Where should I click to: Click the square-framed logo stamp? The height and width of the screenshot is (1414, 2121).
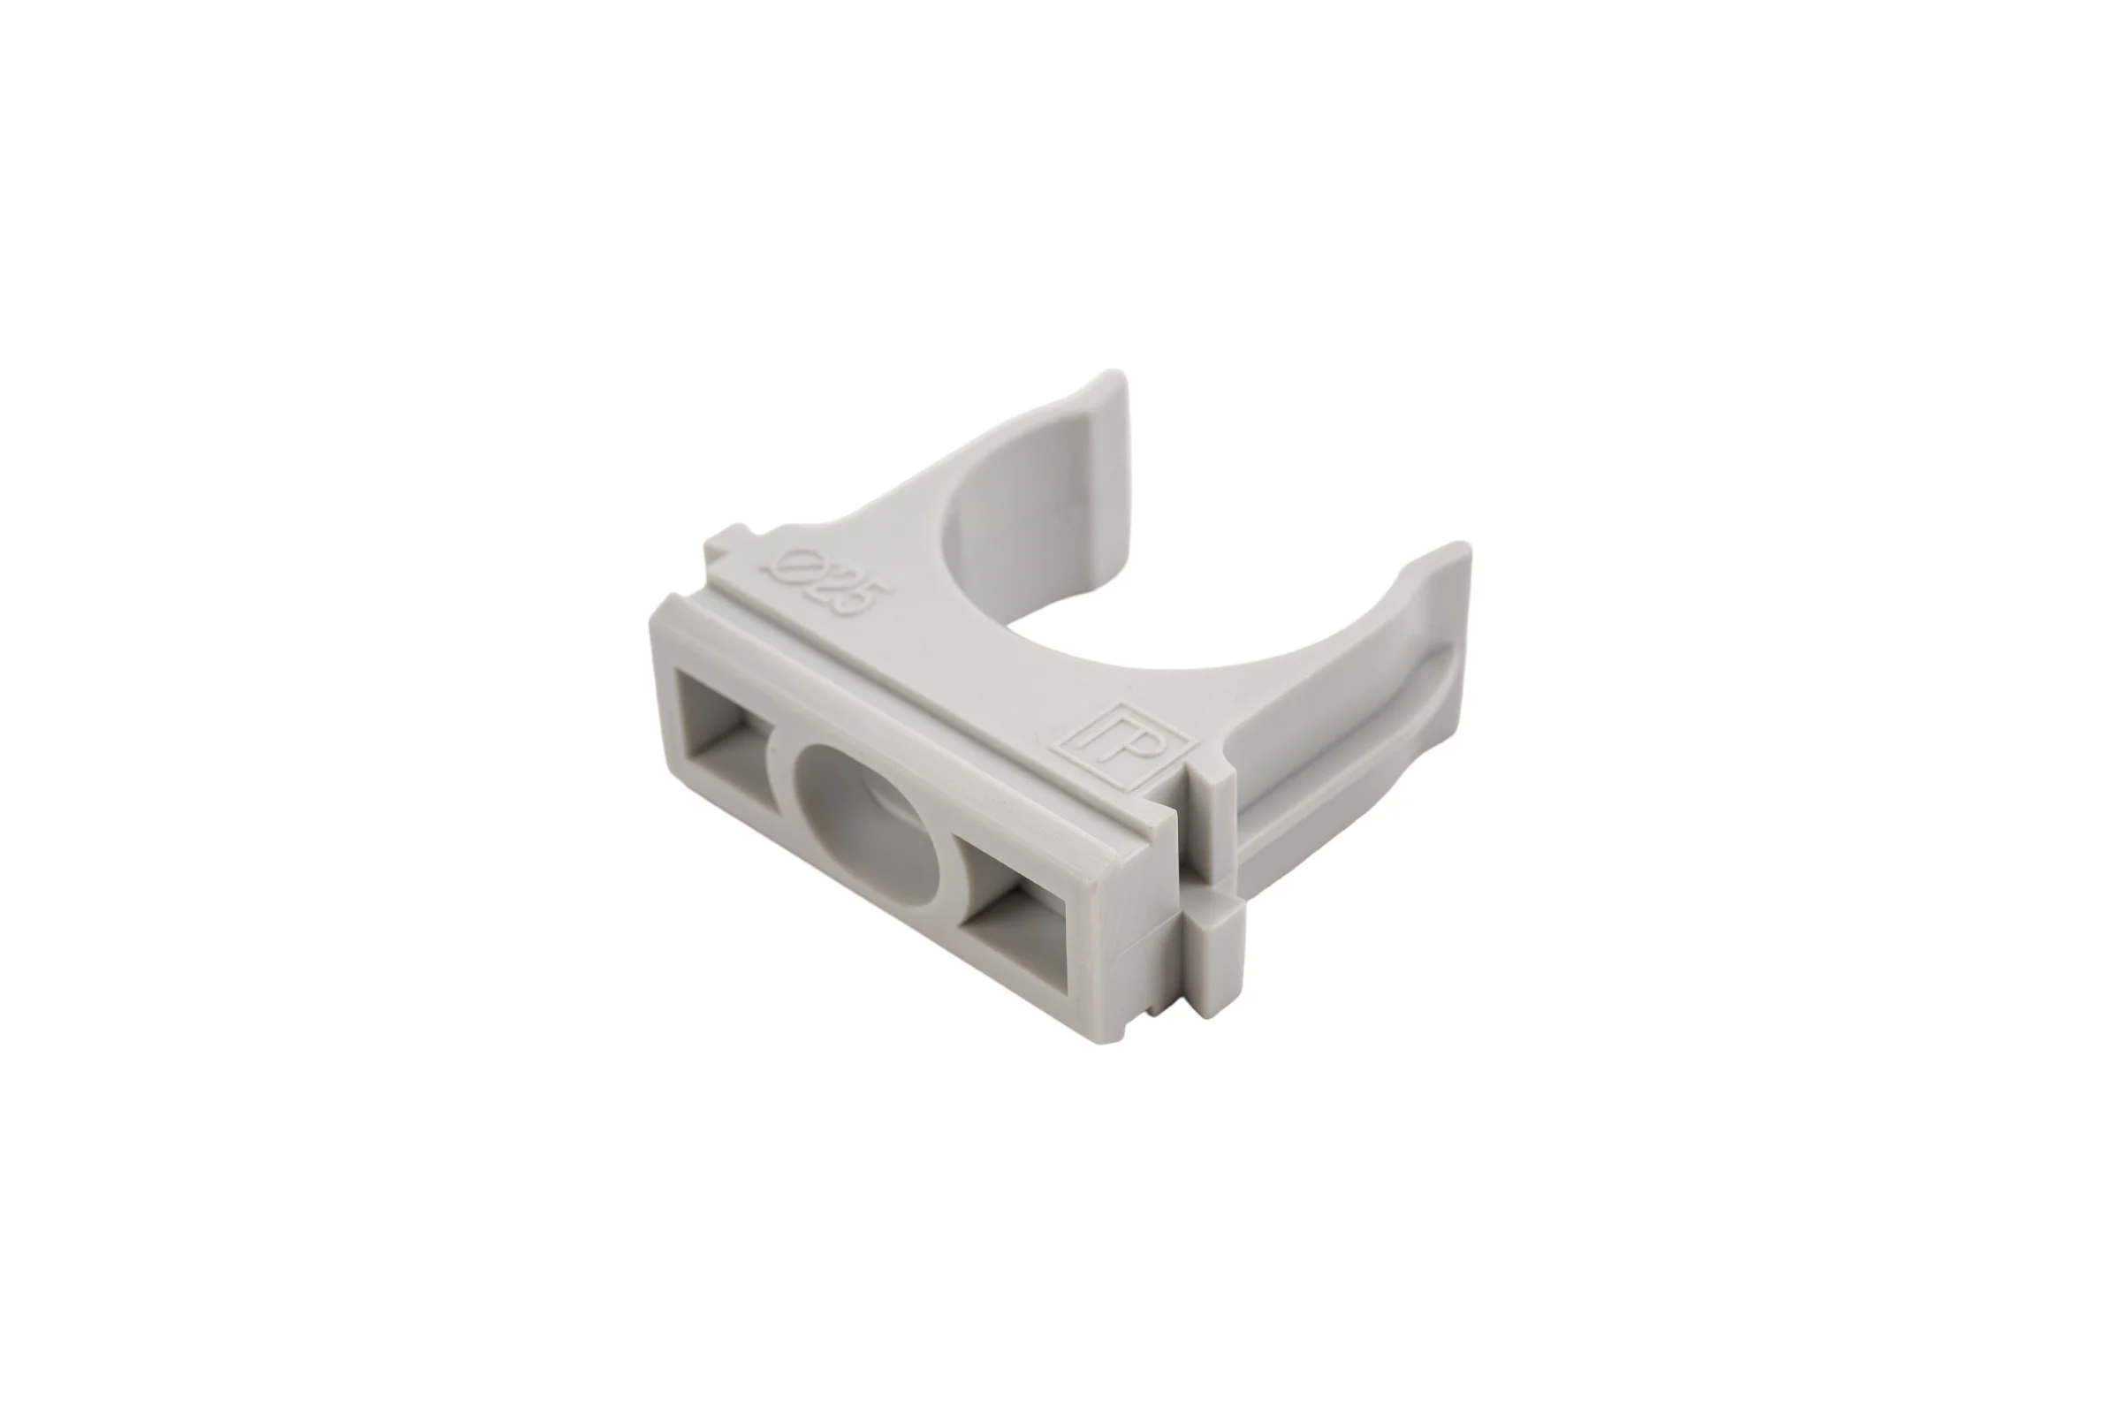click(x=1125, y=741)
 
